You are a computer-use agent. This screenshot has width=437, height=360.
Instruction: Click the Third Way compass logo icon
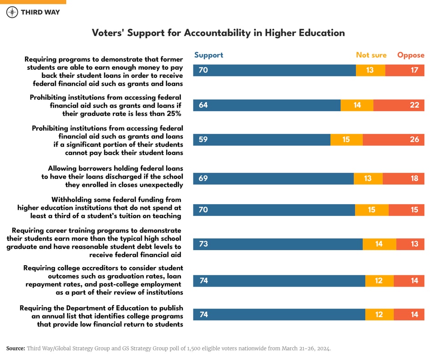pos(12,12)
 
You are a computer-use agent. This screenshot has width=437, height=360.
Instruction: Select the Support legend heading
pos(208,55)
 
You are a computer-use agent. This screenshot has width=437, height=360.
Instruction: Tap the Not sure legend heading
pos(371,55)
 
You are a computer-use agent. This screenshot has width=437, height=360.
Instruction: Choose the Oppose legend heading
pos(411,55)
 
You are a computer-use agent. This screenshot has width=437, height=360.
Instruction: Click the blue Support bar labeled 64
pos(267,105)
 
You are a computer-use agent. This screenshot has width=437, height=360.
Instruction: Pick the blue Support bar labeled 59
pos(262,139)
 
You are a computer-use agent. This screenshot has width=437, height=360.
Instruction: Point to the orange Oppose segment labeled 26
pos(393,139)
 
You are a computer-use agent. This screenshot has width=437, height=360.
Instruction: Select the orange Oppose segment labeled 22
pos(399,105)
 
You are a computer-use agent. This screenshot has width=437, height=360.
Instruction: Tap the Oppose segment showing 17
pos(405,70)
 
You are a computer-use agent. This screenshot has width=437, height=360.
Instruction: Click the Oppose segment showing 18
pos(403,178)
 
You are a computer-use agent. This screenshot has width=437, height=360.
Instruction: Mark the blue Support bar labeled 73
pos(278,244)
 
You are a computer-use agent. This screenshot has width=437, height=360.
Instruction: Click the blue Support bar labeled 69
pos(273,178)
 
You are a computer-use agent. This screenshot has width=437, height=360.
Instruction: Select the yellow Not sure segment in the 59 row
pos(346,139)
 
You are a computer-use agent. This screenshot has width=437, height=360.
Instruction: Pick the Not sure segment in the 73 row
pos(379,244)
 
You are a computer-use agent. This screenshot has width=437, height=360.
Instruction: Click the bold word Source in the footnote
pos(15,349)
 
